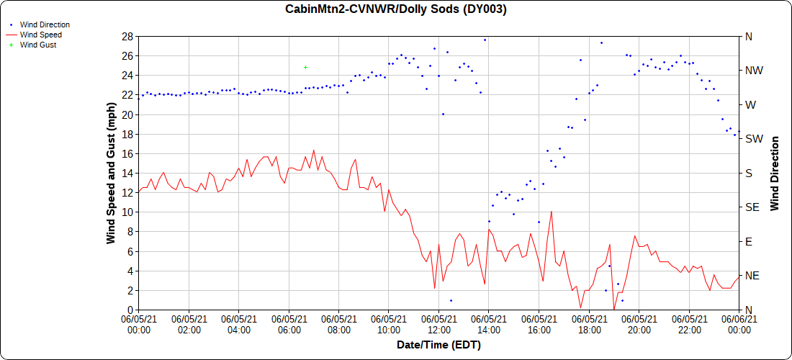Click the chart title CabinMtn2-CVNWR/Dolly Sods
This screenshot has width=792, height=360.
[396, 9]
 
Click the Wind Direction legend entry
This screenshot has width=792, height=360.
[44, 24]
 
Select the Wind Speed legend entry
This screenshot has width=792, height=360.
[40, 35]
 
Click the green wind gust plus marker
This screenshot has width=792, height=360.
[305, 67]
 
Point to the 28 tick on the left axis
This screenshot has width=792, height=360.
[128, 36]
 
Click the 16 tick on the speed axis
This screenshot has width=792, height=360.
[128, 153]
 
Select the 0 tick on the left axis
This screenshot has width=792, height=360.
[130, 310]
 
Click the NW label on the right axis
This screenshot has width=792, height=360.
[753, 71]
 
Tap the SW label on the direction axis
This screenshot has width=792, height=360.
[753, 139]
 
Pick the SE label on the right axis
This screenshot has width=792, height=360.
[752, 207]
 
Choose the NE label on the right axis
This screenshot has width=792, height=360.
[752, 276]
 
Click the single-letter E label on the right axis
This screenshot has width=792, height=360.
[749, 241]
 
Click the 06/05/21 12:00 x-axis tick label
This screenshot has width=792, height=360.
[438, 323]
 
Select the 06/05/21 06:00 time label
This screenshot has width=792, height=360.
[289, 323]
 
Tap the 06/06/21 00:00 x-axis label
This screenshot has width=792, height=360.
[739, 323]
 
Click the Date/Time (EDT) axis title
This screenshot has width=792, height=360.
[438, 345]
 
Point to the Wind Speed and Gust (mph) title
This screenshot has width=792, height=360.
[111, 173]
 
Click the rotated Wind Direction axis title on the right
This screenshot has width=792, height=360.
[775, 173]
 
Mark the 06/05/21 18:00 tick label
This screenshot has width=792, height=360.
[589, 323]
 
